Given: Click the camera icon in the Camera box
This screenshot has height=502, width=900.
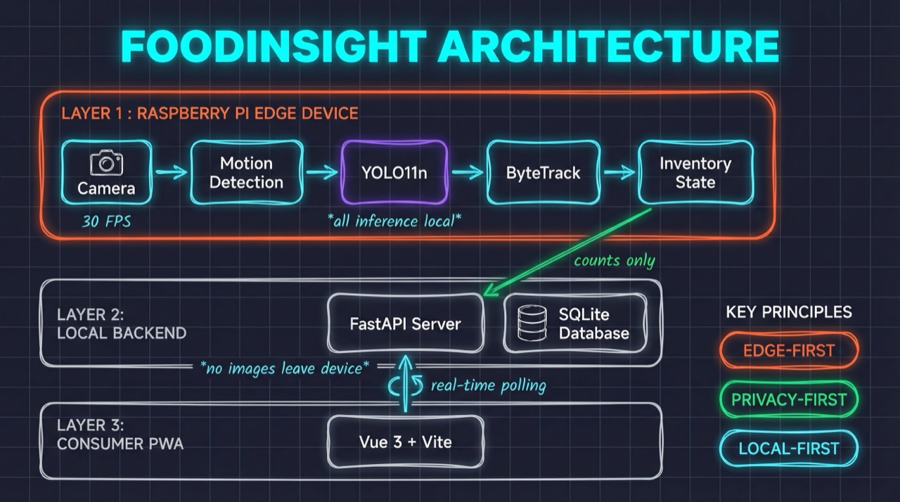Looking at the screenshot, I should (x=106, y=162).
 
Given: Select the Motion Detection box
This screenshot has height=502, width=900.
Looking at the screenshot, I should (x=246, y=173).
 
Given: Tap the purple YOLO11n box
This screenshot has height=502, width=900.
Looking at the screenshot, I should (x=394, y=173).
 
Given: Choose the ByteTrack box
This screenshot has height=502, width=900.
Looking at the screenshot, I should (x=543, y=173).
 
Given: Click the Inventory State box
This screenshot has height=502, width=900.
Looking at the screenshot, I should (x=695, y=173).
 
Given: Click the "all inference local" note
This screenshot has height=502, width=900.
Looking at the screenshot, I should (x=394, y=220).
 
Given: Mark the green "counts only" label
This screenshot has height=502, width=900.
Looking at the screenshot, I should (x=614, y=261).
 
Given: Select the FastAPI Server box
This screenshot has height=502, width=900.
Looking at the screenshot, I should (x=406, y=324).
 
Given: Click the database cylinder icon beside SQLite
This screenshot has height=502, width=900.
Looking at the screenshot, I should (x=532, y=323).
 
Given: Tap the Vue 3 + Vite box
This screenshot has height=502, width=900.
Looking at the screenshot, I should (x=406, y=442).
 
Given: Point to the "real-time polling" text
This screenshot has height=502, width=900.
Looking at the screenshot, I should (x=488, y=385).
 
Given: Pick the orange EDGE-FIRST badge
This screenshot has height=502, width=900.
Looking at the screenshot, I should (x=788, y=350).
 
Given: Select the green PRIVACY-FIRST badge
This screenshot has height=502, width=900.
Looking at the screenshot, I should (x=788, y=399).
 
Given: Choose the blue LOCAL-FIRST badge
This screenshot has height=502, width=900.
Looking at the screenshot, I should (x=788, y=449).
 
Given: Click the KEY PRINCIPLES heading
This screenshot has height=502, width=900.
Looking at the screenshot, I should (x=788, y=311).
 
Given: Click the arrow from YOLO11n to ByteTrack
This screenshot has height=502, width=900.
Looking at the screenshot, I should (x=467, y=172).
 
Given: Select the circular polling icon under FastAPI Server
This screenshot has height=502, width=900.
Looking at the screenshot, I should (x=405, y=385).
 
